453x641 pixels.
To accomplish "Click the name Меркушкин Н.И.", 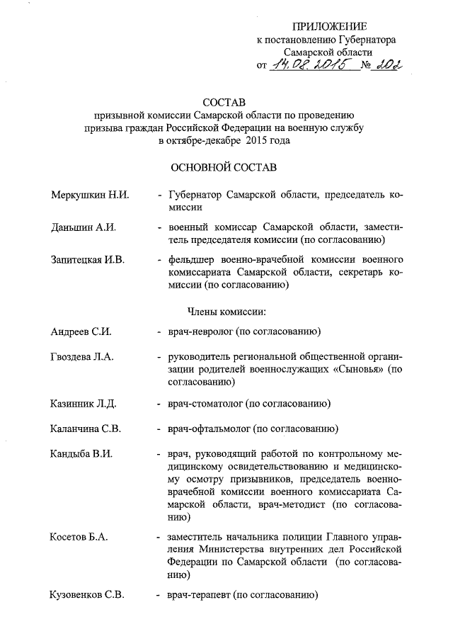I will tap(90, 195).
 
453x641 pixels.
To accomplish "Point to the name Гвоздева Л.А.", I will tap(83, 356).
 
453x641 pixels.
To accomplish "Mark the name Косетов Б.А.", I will tap(79, 537).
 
